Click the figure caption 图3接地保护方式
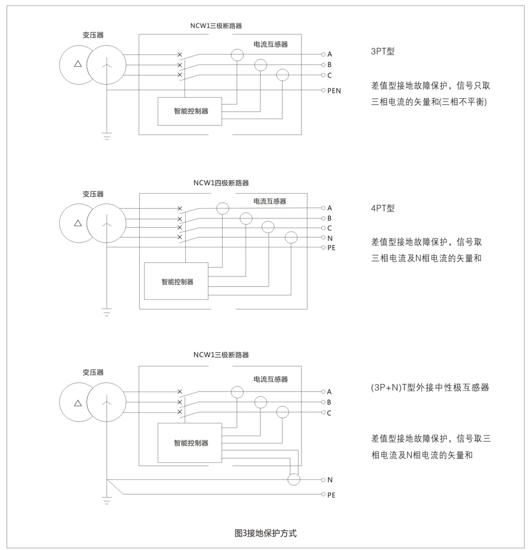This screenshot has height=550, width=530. [265, 533]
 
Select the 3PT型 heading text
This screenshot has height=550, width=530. [382, 51]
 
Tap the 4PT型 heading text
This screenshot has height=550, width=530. [382, 209]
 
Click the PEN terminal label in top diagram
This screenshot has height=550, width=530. [334, 91]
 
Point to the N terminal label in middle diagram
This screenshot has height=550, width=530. [330, 238]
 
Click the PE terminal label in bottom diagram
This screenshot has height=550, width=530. [331, 495]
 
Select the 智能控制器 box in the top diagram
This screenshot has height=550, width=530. [191, 111]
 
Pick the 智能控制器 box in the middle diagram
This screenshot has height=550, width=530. [177, 282]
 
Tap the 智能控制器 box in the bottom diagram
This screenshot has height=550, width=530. [191, 443]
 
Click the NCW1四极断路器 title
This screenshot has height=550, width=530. [221, 183]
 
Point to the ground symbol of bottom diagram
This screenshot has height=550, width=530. [107, 502]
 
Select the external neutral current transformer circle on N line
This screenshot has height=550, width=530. [293, 479]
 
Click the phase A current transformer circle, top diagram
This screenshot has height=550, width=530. [237, 55]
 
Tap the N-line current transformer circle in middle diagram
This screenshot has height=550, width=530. [291, 238]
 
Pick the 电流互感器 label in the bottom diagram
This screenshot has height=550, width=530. [270, 379]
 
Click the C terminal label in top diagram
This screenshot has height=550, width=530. [329, 75]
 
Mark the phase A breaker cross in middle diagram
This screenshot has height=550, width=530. [180, 209]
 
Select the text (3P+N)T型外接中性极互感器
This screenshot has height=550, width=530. [430, 388]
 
